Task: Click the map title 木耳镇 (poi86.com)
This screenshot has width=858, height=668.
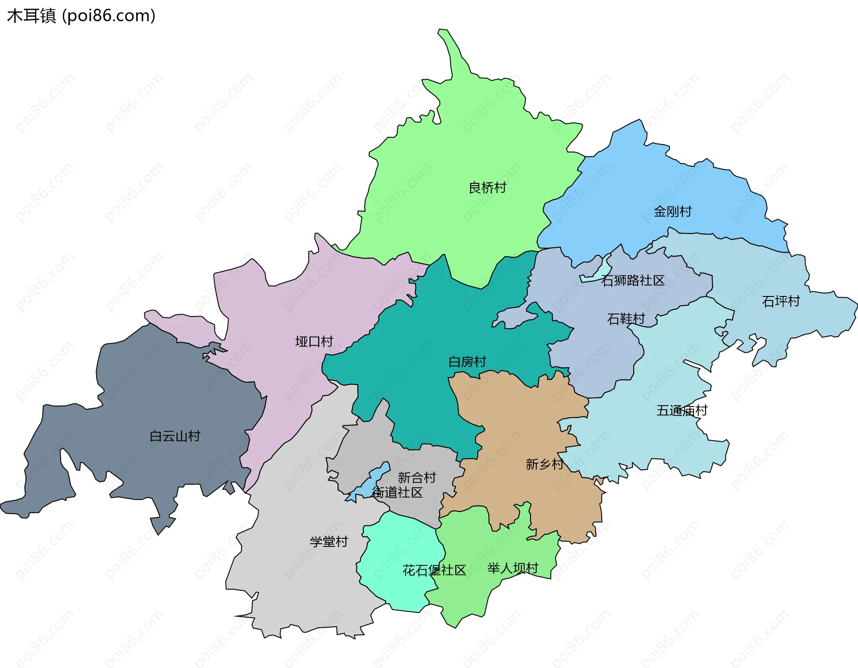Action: point(81,16)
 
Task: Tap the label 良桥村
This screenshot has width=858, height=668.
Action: point(487,187)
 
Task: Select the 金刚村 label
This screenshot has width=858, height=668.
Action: point(672,211)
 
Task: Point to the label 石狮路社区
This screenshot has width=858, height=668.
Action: point(632,280)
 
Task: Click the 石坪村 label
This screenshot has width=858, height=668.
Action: point(780,301)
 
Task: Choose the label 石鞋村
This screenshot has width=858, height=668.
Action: point(626,318)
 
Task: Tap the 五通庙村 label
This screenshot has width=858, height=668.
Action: point(681,410)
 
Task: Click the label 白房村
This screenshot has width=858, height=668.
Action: point(467,361)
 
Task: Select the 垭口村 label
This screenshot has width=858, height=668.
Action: point(314,341)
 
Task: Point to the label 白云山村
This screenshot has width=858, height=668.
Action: point(175,435)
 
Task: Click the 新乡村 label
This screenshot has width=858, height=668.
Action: point(544,464)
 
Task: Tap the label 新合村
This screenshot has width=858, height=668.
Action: point(416,477)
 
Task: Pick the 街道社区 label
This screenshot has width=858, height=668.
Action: point(397,492)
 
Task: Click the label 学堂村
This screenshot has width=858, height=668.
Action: point(328,541)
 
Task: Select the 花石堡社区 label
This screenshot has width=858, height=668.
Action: point(434,570)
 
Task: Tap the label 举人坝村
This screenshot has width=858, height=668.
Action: point(513,568)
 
